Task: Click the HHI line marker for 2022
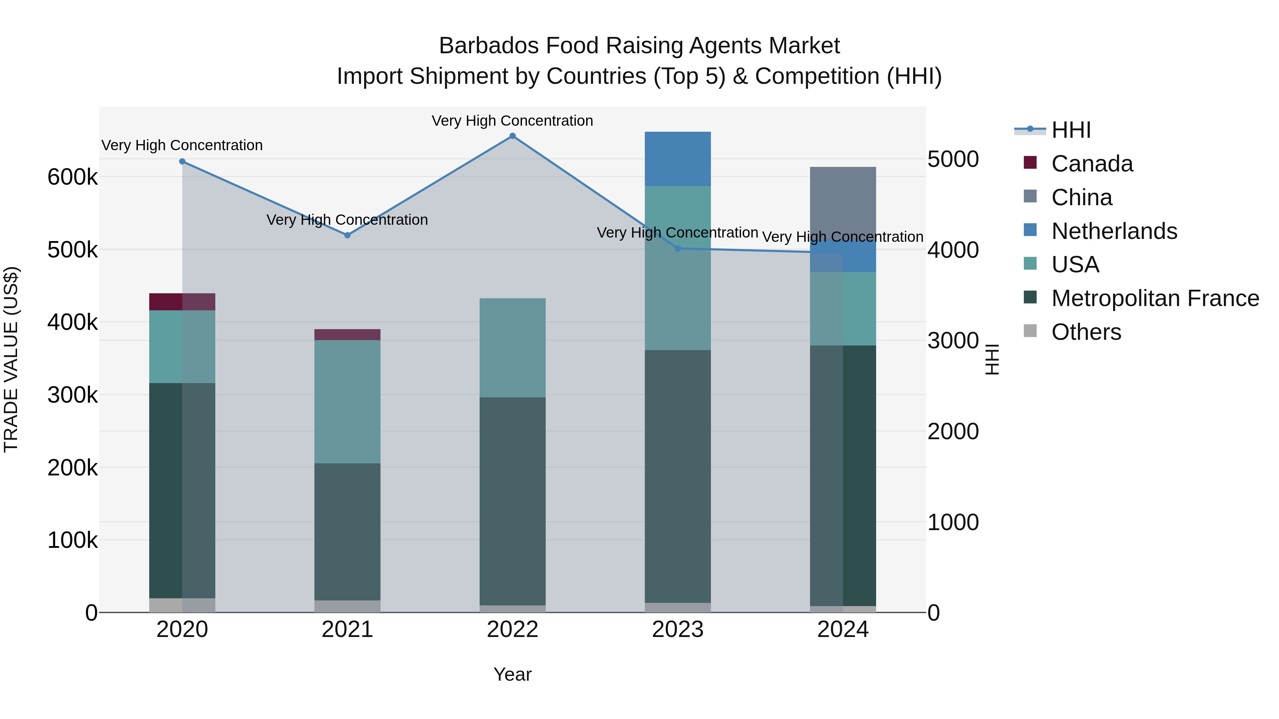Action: [x=512, y=136]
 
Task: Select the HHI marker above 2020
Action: [x=182, y=161]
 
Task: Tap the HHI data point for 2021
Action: [x=347, y=235]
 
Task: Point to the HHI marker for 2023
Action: [x=678, y=248]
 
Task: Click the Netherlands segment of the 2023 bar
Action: [x=678, y=159]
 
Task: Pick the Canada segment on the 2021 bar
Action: [x=347, y=334]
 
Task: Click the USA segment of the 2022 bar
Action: [x=512, y=347]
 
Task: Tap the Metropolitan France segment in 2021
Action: [x=347, y=531]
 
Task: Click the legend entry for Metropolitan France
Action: [x=1155, y=298]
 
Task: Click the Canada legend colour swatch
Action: [x=1030, y=162]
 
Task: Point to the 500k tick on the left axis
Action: [x=72, y=250]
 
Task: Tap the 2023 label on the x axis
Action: [x=678, y=630]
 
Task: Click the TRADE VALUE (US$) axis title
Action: [x=11, y=359]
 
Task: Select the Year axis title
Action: [x=512, y=674]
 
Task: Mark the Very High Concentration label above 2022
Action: [x=512, y=121]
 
